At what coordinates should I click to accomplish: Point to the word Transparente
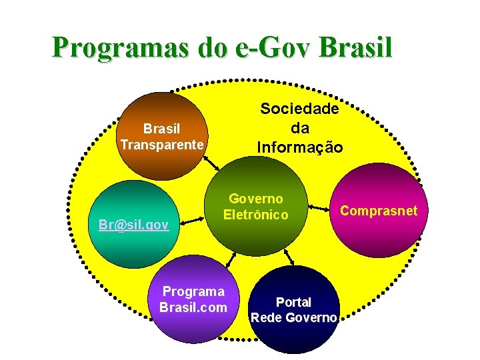(162, 145)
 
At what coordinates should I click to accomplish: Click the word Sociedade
(299, 108)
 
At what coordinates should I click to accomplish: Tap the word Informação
(300, 146)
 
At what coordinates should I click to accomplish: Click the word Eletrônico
(256, 215)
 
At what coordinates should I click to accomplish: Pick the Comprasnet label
(379, 211)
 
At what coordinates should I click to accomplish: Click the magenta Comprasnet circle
(379, 233)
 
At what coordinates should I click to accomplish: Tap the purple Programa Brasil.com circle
(193, 320)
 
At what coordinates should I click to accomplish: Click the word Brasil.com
(193, 307)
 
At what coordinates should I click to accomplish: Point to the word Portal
(293, 302)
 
